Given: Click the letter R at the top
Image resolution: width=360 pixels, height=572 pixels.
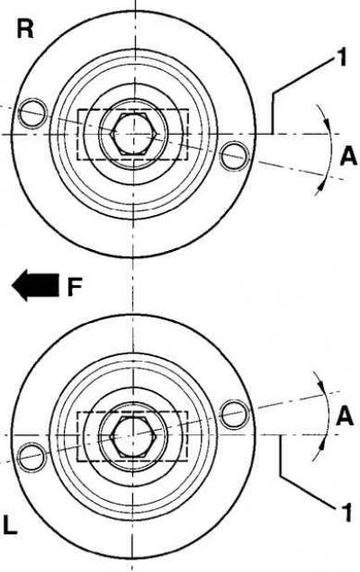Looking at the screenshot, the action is [x=25, y=30].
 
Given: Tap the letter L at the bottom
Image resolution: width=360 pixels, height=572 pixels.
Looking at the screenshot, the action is [x=10, y=524].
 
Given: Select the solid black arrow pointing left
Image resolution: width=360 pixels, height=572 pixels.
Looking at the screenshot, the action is [x=35, y=285].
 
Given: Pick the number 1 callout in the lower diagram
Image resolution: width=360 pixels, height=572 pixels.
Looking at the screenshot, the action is [x=346, y=512].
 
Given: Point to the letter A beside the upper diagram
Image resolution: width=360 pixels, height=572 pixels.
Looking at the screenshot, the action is [x=348, y=157].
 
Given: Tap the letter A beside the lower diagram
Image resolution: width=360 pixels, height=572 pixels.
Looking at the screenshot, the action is [x=345, y=416].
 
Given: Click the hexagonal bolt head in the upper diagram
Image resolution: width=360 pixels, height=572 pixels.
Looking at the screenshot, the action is [x=134, y=134].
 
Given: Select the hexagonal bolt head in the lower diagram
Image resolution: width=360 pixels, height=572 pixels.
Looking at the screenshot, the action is [x=133, y=436].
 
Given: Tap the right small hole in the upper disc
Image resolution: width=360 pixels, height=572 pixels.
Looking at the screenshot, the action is [x=234, y=156].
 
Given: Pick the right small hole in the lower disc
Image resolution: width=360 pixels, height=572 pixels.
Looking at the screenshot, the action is [x=235, y=414].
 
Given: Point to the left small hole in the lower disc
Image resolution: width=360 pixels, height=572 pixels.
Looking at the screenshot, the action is [x=32, y=456].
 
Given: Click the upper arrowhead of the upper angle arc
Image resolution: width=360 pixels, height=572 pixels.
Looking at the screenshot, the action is [x=327, y=124].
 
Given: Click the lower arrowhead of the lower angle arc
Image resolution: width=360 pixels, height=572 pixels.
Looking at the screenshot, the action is [x=322, y=445].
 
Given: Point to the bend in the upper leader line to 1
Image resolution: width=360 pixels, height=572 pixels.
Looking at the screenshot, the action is [x=273, y=94].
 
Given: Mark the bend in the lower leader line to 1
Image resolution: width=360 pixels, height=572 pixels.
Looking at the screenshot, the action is [x=281, y=476].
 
